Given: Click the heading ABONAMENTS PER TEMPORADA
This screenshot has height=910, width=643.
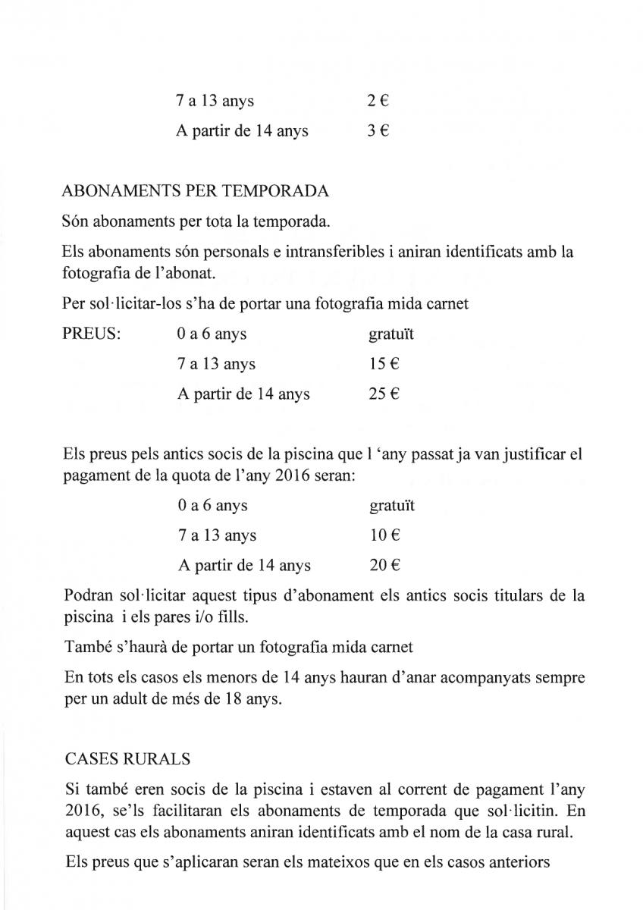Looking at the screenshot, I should point(196,191).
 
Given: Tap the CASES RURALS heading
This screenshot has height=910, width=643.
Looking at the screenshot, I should point(128,758).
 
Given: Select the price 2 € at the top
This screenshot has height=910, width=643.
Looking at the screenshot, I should point(378,101).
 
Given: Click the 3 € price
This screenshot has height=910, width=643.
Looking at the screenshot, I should point(378,131).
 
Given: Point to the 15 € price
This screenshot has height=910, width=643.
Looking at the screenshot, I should point(384,364).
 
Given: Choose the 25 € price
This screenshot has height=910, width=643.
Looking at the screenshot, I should point(384,394).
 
